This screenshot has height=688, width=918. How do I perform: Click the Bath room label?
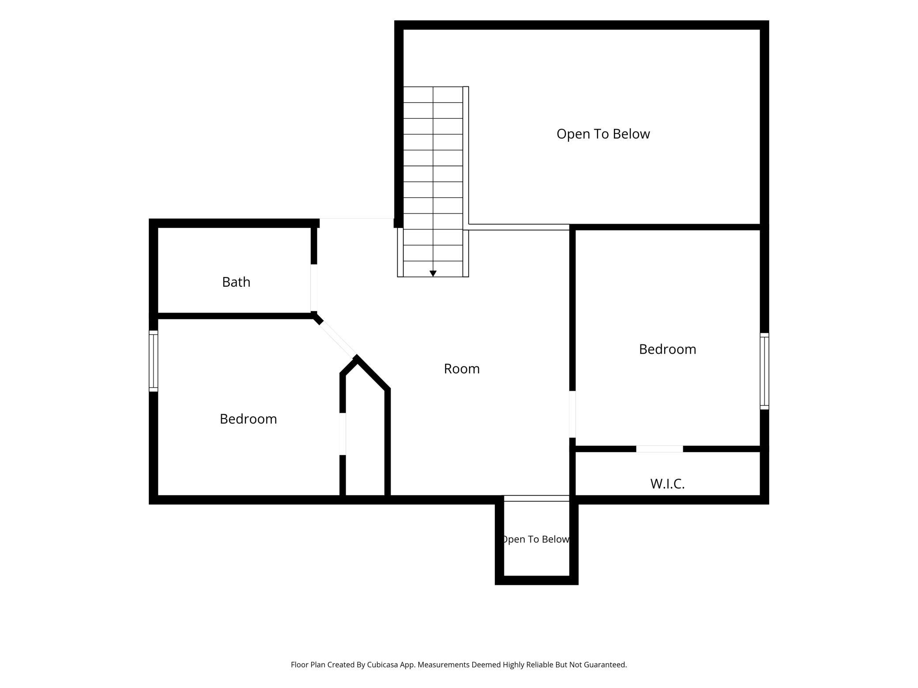coord(236,282)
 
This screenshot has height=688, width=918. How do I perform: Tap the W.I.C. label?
coord(667,484)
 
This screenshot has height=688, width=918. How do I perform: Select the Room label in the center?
coord(462,368)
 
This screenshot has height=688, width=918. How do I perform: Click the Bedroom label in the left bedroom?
coord(248,419)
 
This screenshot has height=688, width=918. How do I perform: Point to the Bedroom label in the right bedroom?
coord(667,349)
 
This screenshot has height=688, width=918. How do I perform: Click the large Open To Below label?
coord(603,134)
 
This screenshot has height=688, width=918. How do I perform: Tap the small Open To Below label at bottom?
coord(536,539)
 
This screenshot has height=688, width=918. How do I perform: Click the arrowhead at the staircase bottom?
coord(433,273)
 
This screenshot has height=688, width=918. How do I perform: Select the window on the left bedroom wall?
coord(153,361)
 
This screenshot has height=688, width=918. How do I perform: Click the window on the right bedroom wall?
coord(764,371)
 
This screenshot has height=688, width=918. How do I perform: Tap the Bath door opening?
coord(314,288)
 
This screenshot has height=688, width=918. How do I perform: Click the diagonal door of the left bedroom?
coord(338,339)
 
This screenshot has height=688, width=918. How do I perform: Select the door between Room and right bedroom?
coord(572,414)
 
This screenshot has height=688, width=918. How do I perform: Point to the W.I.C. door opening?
coord(659,449)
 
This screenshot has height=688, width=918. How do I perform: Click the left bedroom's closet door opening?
coord(342,434)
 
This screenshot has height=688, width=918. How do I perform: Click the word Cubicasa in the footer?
coord(383,665)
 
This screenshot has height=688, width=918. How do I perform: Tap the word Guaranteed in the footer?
coord(605,665)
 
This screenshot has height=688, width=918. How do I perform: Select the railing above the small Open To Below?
coord(537,498)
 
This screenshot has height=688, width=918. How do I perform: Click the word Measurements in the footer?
coord(444,665)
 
